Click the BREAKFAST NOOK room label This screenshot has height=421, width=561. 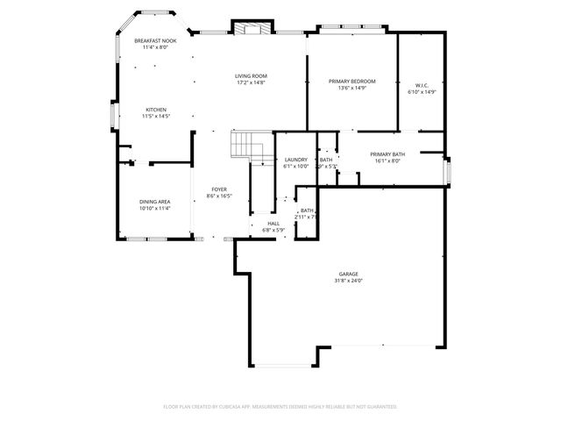tap(155, 41)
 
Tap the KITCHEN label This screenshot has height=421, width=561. tap(155, 110)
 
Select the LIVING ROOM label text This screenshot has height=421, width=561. tap(251, 76)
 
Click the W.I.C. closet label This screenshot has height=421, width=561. tap(422, 85)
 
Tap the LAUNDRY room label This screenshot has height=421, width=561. tap(296, 160)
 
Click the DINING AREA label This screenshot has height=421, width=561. tap(154, 202)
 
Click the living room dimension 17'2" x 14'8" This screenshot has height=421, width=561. tap(251, 83)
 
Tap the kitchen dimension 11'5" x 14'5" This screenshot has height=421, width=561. tap(155, 117)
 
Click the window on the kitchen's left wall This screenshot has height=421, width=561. tap(111, 116)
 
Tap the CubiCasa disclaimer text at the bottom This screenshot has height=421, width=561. tap(280, 407)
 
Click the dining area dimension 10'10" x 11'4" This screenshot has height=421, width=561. tap(154, 209)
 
